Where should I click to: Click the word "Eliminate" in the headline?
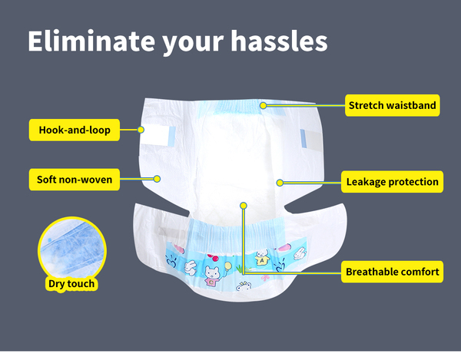click(91, 41)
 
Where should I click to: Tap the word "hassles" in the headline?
click(279, 41)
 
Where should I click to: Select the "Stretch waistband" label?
click(392, 105)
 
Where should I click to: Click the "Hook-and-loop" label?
click(75, 130)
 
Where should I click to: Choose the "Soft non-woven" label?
click(75, 180)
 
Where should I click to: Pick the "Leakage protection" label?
click(392, 182)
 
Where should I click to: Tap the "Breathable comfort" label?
click(392, 272)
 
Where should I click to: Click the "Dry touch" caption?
click(71, 284)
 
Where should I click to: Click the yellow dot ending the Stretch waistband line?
click(263, 105)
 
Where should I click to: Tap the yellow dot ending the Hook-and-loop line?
click(141, 130)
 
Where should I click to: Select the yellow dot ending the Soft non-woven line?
click(157, 179)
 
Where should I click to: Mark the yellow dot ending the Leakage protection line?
click(280, 183)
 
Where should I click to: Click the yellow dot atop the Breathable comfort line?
click(243, 206)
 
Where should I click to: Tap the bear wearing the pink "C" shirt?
click(212, 276)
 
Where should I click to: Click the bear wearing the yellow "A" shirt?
click(262, 257)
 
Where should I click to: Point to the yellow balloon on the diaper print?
click(228, 266)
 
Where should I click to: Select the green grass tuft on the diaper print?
click(240, 269)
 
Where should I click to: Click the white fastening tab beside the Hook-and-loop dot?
click(158, 136)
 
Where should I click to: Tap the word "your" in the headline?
click(193, 43)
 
